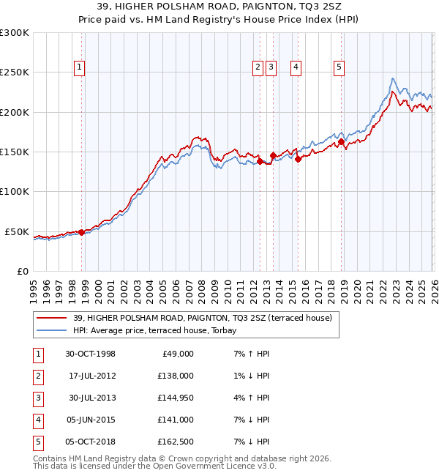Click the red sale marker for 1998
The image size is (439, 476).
click(81, 232)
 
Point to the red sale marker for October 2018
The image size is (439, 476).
click(341, 141)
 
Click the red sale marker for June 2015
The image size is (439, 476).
click(298, 159)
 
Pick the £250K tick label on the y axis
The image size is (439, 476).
click(15, 72)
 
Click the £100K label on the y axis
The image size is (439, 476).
click(15, 191)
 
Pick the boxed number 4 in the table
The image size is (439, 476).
click(37, 420)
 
